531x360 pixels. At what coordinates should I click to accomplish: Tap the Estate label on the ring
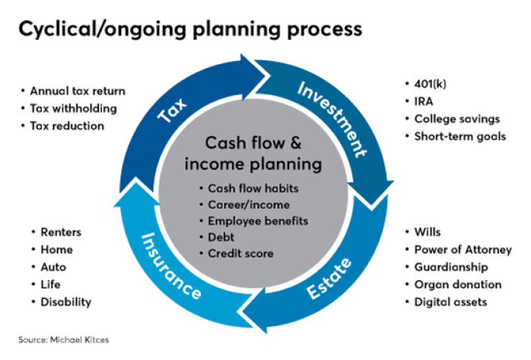(x=331, y=278)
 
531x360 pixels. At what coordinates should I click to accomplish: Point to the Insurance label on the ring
(x=171, y=265)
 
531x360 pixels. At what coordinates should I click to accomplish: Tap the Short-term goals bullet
(x=460, y=136)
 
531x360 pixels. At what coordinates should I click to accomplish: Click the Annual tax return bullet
(x=77, y=91)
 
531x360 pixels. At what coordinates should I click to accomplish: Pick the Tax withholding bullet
(x=72, y=108)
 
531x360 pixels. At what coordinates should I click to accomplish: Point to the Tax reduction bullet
(x=67, y=125)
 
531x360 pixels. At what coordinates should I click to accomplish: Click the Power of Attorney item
(x=463, y=250)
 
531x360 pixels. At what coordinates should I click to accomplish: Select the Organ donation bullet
(x=457, y=285)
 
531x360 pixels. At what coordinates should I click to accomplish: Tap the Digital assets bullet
(x=450, y=302)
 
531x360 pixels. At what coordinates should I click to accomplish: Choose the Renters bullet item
(x=61, y=232)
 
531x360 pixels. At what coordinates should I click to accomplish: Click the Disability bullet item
(x=65, y=302)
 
